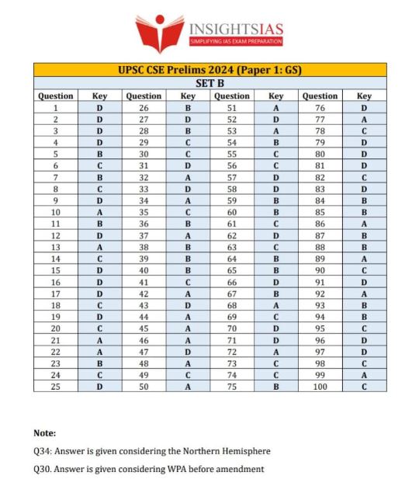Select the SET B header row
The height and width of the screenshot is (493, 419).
(209, 83)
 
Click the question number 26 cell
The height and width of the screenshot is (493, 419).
(144, 108)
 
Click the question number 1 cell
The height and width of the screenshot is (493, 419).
(56, 108)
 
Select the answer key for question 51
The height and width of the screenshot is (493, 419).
(275, 108)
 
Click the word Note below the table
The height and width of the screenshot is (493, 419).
(45, 432)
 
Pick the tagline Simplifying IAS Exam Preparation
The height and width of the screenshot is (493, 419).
(237, 41)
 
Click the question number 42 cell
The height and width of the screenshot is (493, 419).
(144, 294)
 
